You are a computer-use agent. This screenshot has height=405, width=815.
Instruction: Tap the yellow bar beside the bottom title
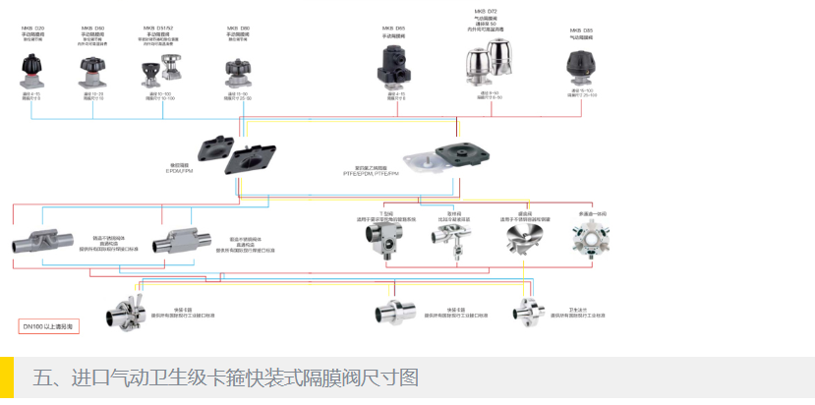coord(7,379)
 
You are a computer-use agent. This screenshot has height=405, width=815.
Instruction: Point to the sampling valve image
coord(451,236)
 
